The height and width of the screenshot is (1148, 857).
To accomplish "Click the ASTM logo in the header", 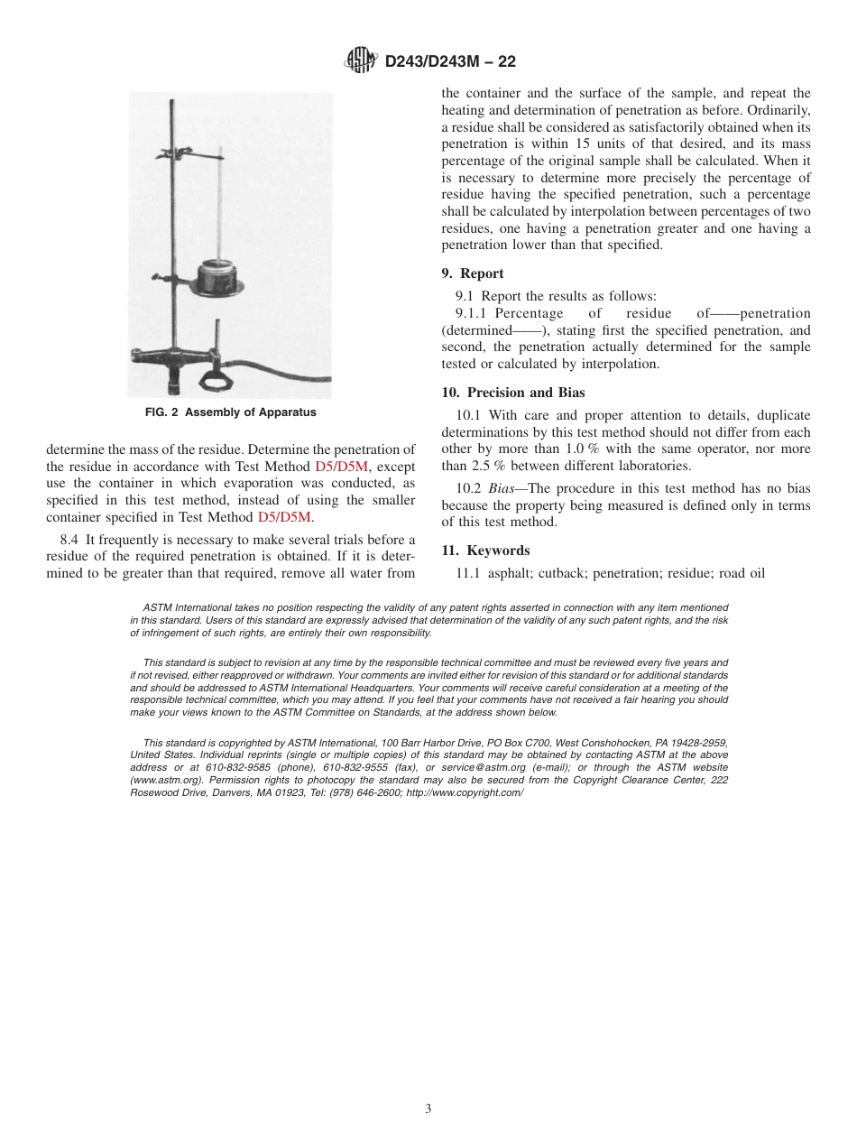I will click(x=361, y=61).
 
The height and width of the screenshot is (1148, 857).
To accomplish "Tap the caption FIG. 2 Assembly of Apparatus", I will click(x=230, y=413).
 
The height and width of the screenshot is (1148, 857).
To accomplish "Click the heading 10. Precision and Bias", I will click(x=512, y=393).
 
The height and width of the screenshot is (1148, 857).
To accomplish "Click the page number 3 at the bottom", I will click(x=428, y=1109).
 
